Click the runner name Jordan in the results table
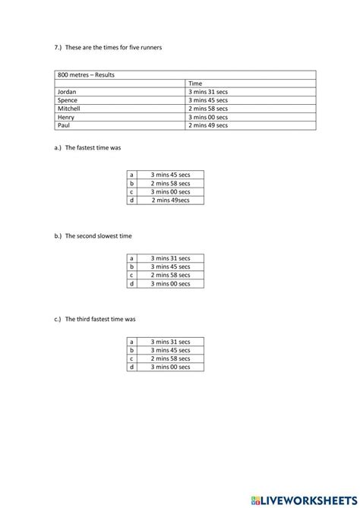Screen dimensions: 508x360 (x=67, y=92)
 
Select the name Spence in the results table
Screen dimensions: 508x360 (x=68, y=100)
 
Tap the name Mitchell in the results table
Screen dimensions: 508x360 (x=69, y=109)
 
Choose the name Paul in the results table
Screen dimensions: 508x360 (x=64, y=125)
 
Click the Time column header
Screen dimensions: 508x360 (x=195, y=84)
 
